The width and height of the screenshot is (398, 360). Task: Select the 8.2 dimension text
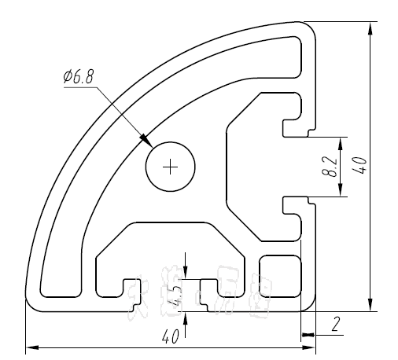330,167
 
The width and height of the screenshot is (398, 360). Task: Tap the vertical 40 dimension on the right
359,166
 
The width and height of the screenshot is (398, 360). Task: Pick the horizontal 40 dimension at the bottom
168,336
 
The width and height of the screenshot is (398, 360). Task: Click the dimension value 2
336,323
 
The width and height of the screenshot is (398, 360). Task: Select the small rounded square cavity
281,275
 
